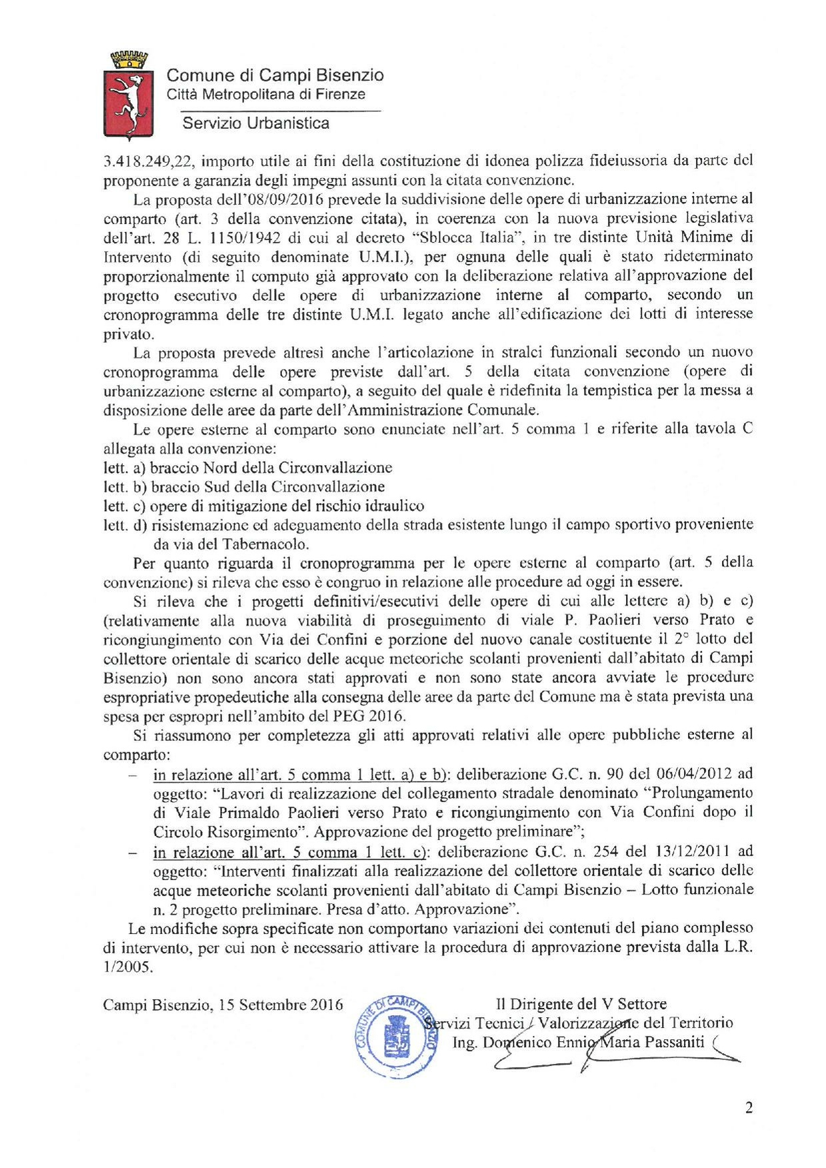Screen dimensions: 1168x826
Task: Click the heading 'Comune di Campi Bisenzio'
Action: point(275,75)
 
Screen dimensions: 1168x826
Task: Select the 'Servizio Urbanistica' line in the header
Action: point(255,123)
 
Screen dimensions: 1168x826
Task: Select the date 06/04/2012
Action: point(694,774)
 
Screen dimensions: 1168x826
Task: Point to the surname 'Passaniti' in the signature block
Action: point(674,1043)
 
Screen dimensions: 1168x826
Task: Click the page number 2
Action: point(749,1108)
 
